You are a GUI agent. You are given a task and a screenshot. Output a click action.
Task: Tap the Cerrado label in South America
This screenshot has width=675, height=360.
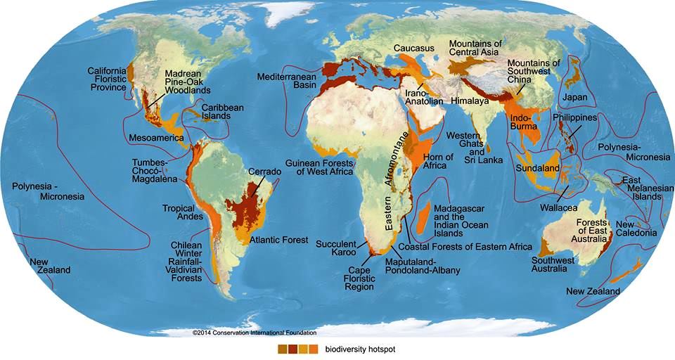tap(264, 172)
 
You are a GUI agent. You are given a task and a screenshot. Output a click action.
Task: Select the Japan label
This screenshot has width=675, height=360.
tap(573, 96)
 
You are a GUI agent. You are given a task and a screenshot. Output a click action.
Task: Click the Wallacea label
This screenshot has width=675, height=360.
tap(558, 209)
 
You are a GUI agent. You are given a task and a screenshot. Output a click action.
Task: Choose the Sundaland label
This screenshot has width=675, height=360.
tap(557, 169)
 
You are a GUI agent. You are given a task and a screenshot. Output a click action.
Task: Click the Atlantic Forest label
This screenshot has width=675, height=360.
tap(279, 240)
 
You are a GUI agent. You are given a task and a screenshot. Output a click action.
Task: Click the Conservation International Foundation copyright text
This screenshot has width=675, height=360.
tap(255, 333)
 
